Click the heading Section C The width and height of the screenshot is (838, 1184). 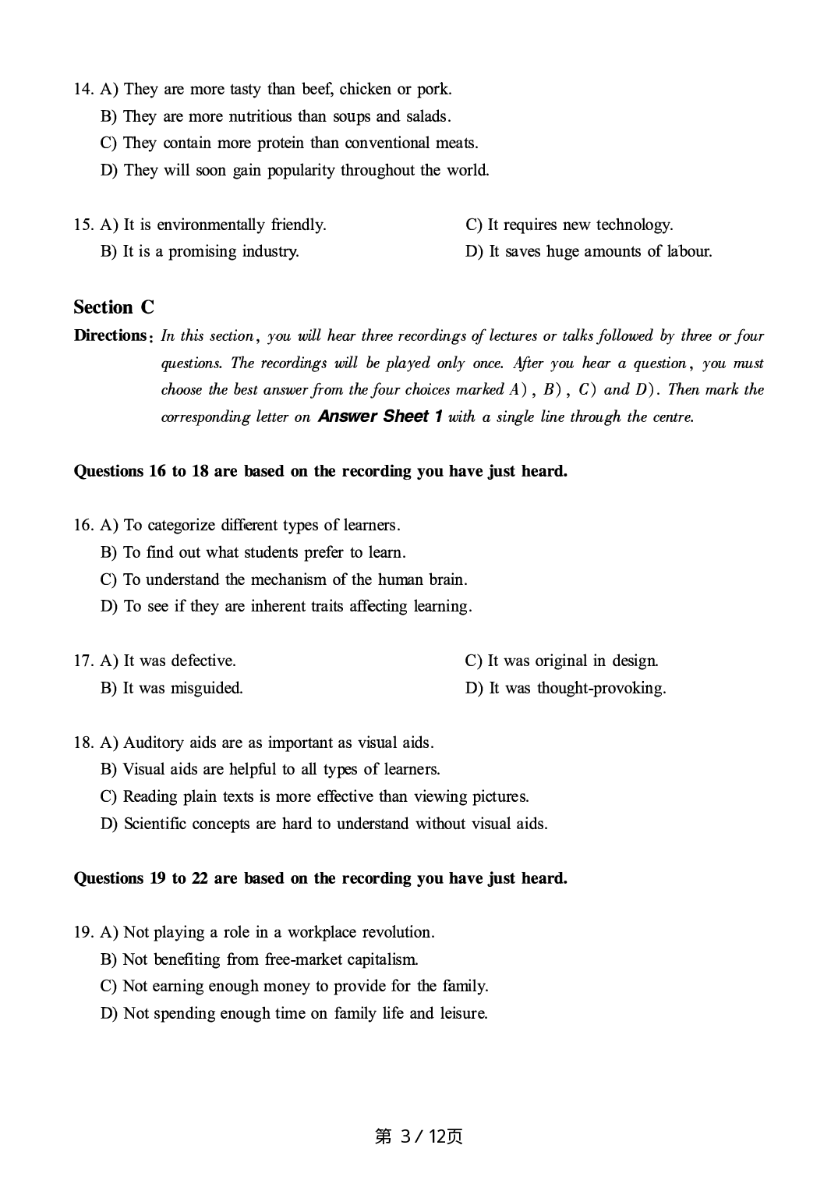(x=114, y=307)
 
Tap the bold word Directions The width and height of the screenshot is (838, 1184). (x=110, y=335)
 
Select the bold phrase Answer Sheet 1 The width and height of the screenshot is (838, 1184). (x=380, y=417)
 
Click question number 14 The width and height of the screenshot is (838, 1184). (x=83, y=90)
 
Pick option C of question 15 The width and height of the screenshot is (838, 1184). (x=569, y=225)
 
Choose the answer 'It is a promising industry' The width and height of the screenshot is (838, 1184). (x=200, y=251)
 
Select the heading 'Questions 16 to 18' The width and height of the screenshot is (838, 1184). (x=320, y=471)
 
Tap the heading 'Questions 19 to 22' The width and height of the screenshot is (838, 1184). (x=320, y=878)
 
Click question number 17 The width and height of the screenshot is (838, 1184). (x=83, y=661)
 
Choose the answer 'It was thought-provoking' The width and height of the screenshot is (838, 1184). (x=566, y=688)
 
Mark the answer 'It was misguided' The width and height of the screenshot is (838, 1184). (x=171, y=688)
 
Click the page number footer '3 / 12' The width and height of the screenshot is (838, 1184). (x=419, y=1136)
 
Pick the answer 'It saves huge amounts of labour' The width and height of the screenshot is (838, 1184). (x=589, y=251)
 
